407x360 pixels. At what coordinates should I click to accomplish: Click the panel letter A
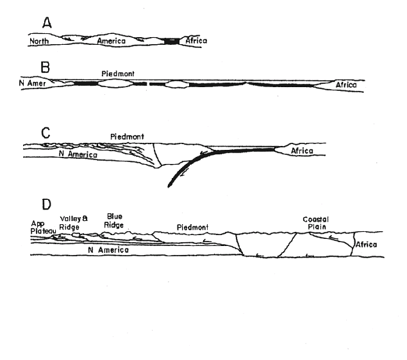[x=47, y=22]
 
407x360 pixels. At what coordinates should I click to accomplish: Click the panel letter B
[x=45, y=67]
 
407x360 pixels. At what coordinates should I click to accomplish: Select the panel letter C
[x=46, y=133]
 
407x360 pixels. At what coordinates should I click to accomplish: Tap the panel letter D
[x=46, y=204]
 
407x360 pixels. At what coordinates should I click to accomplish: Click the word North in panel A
[x=39, y=41]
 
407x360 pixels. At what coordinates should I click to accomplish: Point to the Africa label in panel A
[x=196, y=40]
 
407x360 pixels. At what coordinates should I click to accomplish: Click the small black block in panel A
[x=172, y=41]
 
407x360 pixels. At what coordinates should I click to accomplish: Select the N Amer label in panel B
[x=33, y=83]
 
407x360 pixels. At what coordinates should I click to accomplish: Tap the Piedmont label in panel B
[x=118, y=74]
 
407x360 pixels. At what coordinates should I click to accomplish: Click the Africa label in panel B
[x=346, y=85]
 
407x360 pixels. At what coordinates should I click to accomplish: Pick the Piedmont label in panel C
[x=127, y=136]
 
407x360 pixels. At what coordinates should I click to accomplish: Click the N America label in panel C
[x=78, y=154]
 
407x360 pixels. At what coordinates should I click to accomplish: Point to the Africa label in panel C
[x=302, y=151]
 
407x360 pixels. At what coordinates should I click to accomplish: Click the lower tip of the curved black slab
[x=169, y=186]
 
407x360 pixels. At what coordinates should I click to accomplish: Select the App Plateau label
[x=43, y=227]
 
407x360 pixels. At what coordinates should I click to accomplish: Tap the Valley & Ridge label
[x=74, y=223]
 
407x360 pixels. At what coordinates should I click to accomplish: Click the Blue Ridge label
[x=113, y=221]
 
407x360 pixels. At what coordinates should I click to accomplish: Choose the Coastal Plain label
[x=316, y=223]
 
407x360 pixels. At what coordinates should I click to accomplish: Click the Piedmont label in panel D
[x=192, y=227]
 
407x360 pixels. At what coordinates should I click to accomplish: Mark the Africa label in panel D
[x=366, y=244]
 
